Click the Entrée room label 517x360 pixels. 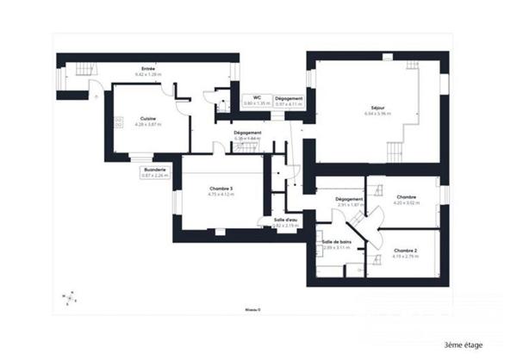(148, 69)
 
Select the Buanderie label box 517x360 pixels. (155, 172)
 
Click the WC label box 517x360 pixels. (253, 100)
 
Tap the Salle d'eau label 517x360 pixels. (285, 222)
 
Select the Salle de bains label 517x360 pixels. (336, 243)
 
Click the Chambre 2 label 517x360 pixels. (404, 251)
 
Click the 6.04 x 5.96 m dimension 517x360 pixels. (377, 114)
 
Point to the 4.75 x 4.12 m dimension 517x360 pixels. (221, 195)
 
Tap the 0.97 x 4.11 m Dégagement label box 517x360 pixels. (289, 100)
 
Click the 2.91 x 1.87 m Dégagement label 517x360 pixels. (349, 202)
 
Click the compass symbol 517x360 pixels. (70, 299)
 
